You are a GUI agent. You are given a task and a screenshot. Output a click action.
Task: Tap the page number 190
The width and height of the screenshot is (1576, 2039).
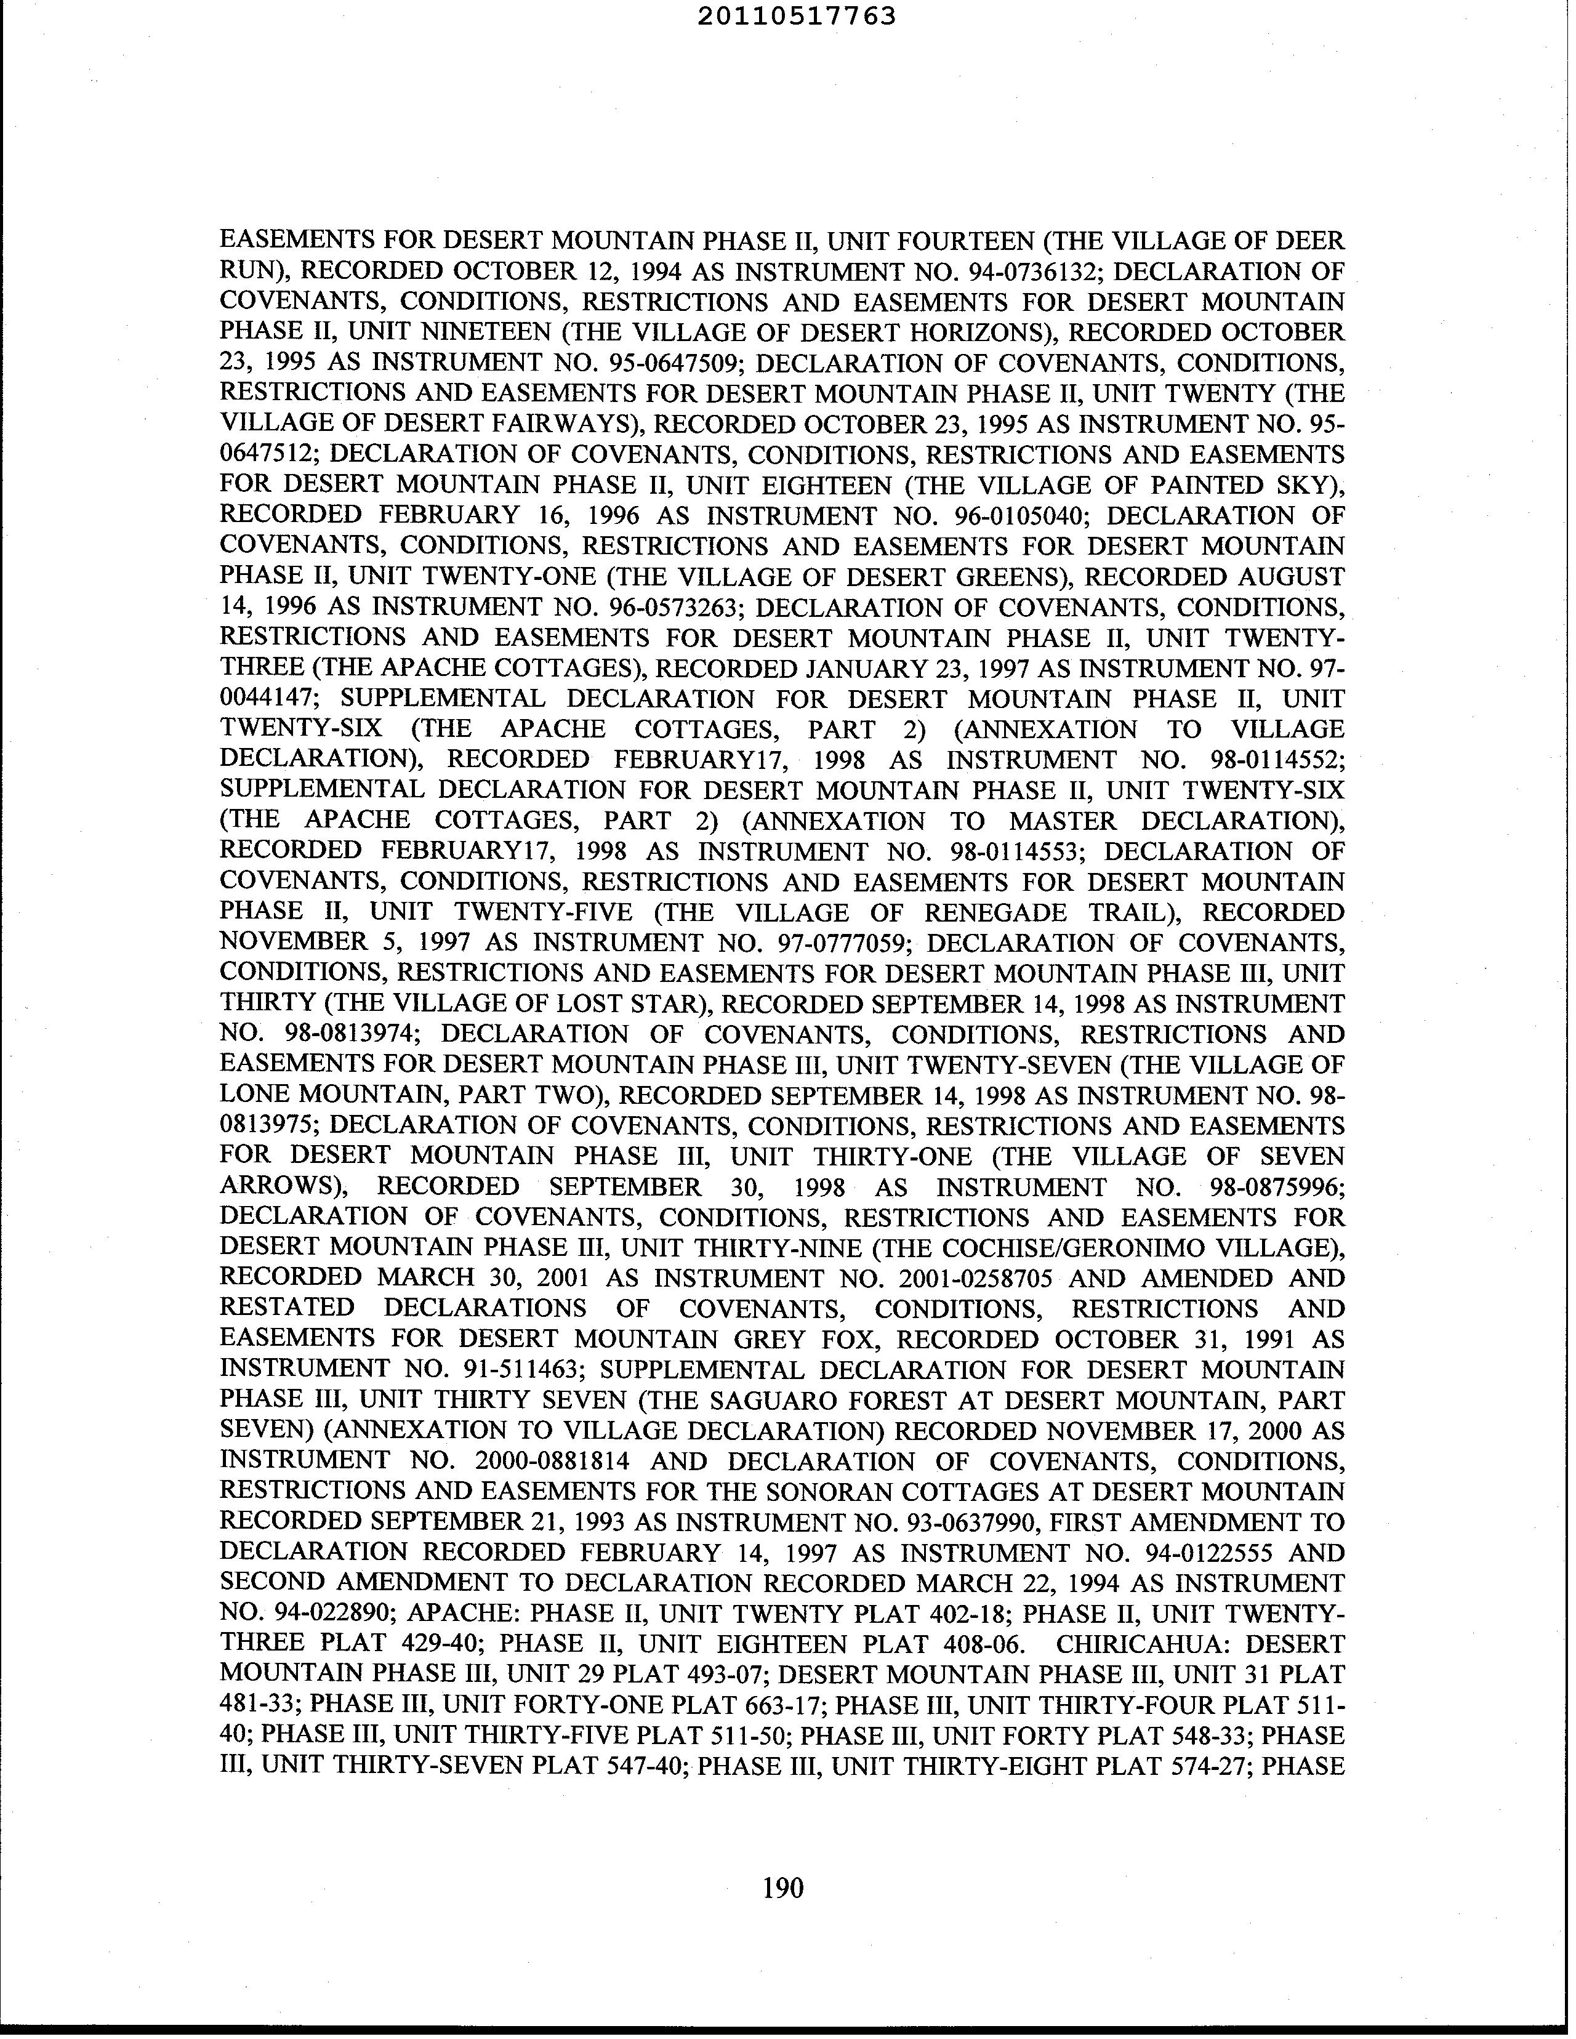coord(782,1888)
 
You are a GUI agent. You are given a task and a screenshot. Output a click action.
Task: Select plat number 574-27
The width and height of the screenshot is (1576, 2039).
coord(1206,1766)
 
